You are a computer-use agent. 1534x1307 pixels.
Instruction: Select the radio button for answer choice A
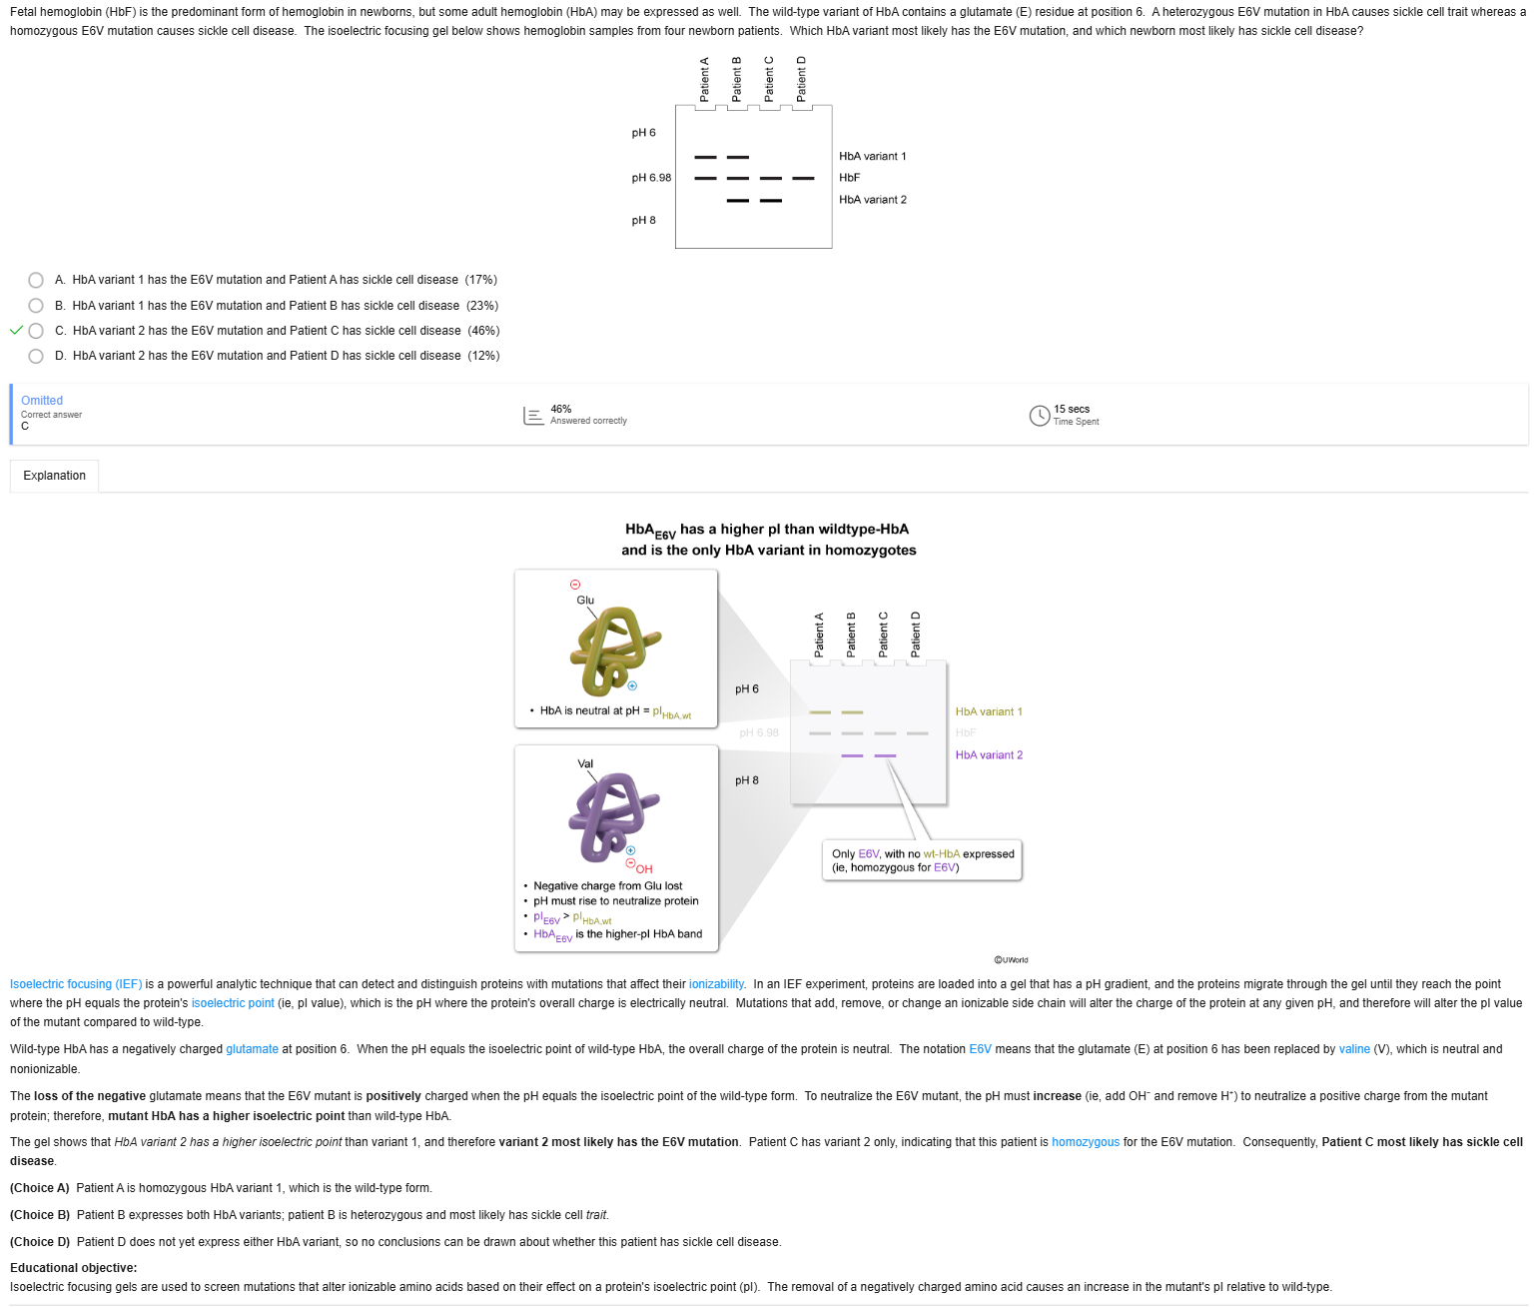click(x=36, y=280)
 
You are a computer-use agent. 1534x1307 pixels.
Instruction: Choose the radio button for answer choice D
click(x=36, y=356)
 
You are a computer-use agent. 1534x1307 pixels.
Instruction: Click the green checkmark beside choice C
click(x=16, y=331)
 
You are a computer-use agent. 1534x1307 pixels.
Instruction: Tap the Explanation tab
click(x=55, y=476)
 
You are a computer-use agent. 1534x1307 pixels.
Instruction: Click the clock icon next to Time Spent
click(x=1039, y=415)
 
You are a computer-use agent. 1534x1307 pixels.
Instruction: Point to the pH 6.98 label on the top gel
click(x=651, y=178)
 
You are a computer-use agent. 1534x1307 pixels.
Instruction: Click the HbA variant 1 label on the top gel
click(x=872, y=157)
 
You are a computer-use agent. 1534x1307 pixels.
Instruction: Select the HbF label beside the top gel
click(x=849, y=178)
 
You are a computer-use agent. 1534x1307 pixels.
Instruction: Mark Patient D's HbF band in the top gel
click(x=803, y=179)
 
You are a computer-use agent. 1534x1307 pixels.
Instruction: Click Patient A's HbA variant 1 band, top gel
click(x=706, y=157)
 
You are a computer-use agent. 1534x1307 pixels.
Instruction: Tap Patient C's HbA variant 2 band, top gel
click(x=770, y=201)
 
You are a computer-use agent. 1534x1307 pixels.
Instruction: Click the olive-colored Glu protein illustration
click(x=613, y=650)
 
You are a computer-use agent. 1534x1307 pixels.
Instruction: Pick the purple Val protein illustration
click(x=611, y=815)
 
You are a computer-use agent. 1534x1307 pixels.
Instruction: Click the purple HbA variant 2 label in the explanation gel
click(x=989, y=755)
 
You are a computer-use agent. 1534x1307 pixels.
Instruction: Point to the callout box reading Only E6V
click(x=922, y=860)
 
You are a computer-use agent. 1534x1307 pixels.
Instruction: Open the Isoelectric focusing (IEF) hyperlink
click(x=76, y=984)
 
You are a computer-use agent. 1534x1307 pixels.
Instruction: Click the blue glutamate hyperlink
click(x=252, y=1049)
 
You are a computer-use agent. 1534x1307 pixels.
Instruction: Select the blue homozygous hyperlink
click(x=1086, y=1142)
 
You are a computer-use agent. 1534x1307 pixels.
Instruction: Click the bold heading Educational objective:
click(x=73, y=1268)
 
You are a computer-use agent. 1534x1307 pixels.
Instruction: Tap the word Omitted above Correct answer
click(x=42, y=401)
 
